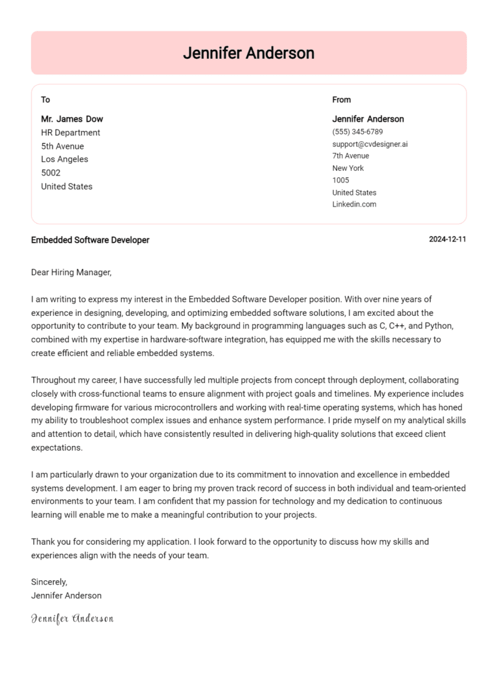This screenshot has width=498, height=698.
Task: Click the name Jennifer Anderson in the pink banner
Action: click(248, 53)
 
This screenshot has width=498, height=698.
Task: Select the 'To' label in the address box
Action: click(45, 100)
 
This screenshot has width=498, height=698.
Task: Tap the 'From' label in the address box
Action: click(341, 100)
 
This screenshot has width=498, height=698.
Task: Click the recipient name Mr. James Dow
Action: click(72, 119)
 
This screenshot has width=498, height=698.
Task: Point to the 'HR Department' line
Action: click(71, 133)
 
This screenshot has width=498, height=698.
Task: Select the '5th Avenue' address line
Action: click(62, 146)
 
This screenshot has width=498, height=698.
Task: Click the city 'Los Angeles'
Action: click(65, 159)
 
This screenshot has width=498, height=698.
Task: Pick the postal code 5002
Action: click(51, 173)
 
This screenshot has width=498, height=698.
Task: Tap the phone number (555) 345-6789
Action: click(357, 131)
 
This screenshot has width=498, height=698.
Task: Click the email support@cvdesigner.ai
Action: click(370, 144)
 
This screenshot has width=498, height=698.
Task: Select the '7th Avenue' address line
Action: click(351, 156)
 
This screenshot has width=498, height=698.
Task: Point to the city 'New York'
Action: click(348, 168)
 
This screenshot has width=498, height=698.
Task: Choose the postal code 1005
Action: click(340, 180)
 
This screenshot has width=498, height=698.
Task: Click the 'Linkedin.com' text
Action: click(354, 205)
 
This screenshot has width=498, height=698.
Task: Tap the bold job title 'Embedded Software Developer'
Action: click(90, 240)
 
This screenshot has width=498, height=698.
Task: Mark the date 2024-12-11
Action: click(447, 240)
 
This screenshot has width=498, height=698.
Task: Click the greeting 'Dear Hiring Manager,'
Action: click(71, 273)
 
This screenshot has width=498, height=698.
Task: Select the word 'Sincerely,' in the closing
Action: click(49, 582)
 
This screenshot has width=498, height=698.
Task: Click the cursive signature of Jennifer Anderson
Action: click(72, 618)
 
